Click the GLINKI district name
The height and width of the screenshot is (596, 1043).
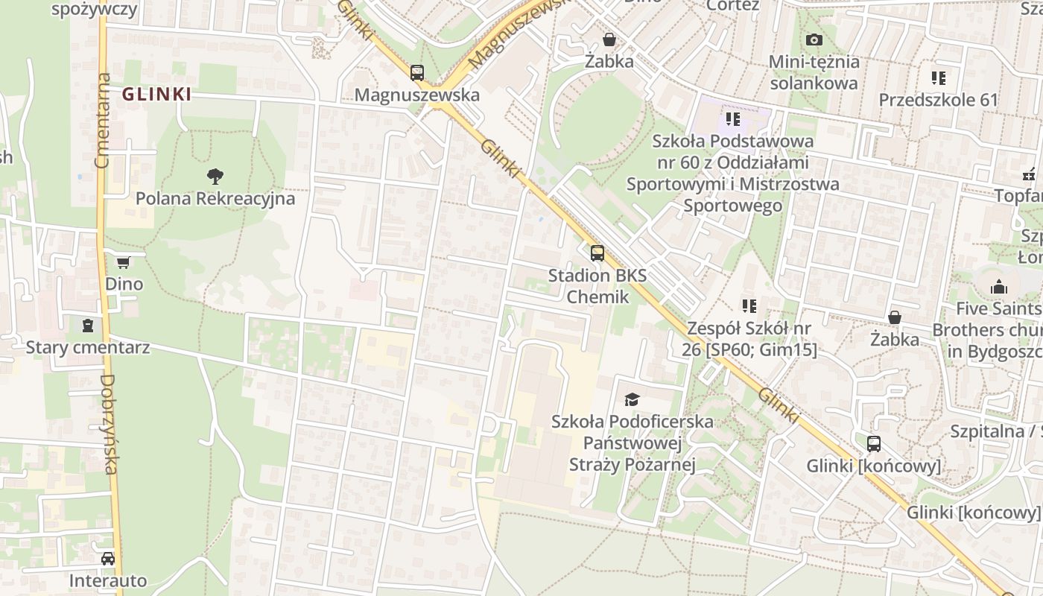pyautogui.click(x=156, y=95)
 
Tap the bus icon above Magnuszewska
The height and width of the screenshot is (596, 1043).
pyautogui.click(x=416, y=73)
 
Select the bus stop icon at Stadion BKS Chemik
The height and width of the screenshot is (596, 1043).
pyautogui.click(x=597, y=253)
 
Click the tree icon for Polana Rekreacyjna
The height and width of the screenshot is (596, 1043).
pyautogui.click(x=215, y=177)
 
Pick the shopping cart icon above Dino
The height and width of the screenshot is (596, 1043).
pyautogui.click(x=123, y=262)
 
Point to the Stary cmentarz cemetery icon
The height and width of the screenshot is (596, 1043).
pyautogui.click(x=88, y=326)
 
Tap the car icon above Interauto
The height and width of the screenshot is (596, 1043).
pyautogui.click(x=108, y=559)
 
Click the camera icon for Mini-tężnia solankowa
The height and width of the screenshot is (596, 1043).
pyautogui.click(x=814, y=39)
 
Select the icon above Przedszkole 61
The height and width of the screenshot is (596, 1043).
pyautogui.click(x=938, y=77)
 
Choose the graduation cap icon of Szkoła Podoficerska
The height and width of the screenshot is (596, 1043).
pyautogui.click(x=632, y=399)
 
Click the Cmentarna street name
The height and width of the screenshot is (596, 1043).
pyautogui.click(x=103, y=120)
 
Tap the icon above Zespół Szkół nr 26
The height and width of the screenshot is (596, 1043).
pyautogui.click(x=749, y=305)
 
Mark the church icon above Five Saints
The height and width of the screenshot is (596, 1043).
pyautogui.click(x=998, y=287)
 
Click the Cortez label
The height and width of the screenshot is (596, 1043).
pyautogui.click(x=732, y=6)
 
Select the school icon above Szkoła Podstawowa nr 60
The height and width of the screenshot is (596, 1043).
pyautogui.click(x=732, y=118)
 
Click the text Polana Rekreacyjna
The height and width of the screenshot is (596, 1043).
pyautogui.click(x=215, y=199)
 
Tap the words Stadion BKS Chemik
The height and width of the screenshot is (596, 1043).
pyautogui.click(x=597, y=286)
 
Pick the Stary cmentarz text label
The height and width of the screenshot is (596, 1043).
pyautogui.click(x=88, y=347)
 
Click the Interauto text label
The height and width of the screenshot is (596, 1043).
pyautogui.click(x=108, y=580)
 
